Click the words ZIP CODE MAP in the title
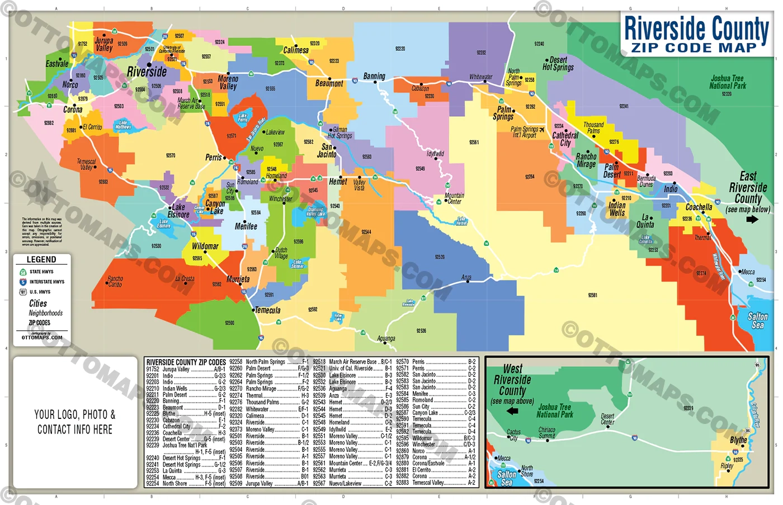(x=694, y=48)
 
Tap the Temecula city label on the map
(x=268, y=310)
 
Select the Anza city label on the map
(x=466, y=277)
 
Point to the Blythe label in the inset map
(x=738, y=440)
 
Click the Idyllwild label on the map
(x=435, y=154)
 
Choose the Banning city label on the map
(x=374, y=76)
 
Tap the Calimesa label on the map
(x=296, y=50)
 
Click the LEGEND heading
(x=41, y=259)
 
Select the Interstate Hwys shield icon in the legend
(x=23, y=282)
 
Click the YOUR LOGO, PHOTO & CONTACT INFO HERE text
(x=75, y=422)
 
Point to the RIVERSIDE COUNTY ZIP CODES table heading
(x=186, y=362)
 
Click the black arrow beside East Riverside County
(x=752, y=219)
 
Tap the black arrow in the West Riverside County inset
(x=512, y=411)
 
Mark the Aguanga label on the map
(x=386, y=339)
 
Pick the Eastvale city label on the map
(x=57, y=64)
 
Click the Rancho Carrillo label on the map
(x=115, y=281)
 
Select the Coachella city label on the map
(x=699, y=207)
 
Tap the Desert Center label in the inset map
(x=607, y=419)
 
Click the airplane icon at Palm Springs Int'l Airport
(x=542, y=130)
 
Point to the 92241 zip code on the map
(x=624, y=106)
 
